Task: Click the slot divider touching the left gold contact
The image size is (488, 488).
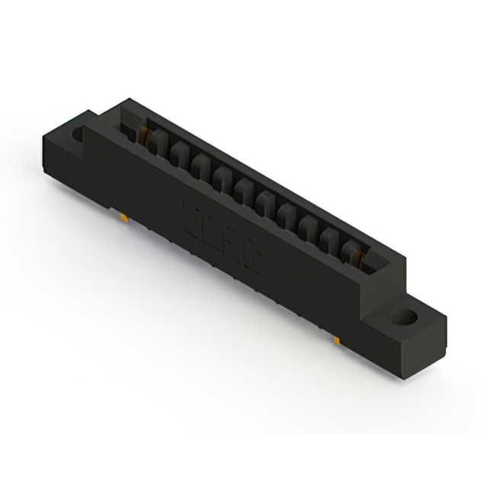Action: tap(156, 143)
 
